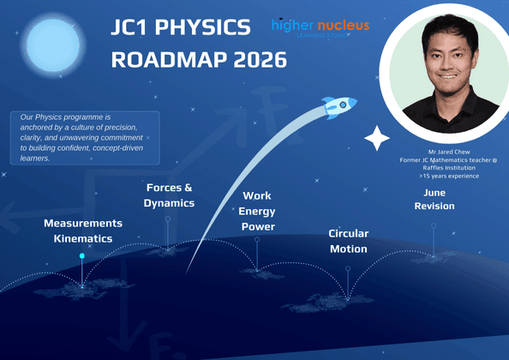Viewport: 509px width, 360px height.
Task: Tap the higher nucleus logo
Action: click(320, 27)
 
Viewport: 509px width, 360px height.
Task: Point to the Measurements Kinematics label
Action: click(83, 231)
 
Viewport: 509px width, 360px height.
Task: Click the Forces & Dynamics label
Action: click(170, 195)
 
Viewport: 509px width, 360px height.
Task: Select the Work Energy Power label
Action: click(257, 212)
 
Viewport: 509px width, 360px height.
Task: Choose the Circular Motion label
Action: click(349, 241)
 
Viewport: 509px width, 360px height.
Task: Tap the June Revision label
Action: click(434, 199)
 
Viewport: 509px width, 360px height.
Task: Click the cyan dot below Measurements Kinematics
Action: click(82, 255)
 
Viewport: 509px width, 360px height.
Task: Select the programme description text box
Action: click(85, 136)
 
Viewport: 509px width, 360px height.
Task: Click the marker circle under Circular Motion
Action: click(348, 268)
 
